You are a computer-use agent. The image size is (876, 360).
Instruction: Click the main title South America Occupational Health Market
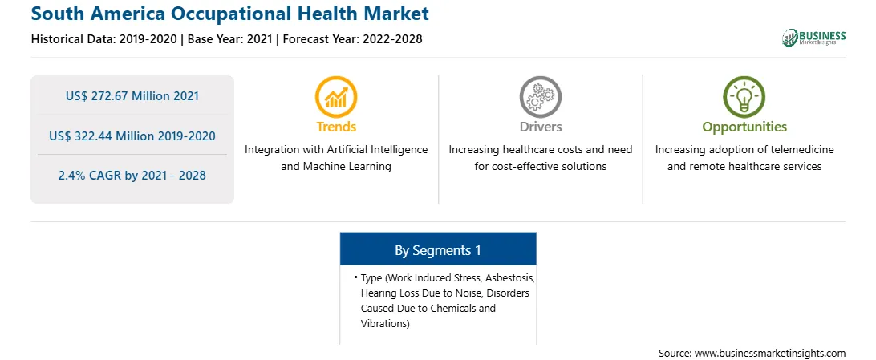click(230, 14)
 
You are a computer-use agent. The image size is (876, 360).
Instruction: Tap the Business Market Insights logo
click(814, 38)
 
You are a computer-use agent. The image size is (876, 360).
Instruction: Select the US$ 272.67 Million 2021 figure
click(132, 96)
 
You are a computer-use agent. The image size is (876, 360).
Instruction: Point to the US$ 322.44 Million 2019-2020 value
click(132, 136)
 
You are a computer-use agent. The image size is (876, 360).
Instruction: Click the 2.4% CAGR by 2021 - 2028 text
click(132, 176)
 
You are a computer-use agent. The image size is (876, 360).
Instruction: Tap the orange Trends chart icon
click(336, 96)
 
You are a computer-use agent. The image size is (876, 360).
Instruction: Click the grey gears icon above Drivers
click(540, 96)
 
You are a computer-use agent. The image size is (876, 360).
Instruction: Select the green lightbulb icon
click(744, 96)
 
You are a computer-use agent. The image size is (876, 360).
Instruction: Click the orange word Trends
click(336, 127)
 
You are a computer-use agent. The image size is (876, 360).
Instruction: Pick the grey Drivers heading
click(540, 127)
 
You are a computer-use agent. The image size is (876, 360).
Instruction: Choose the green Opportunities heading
click(744, 127)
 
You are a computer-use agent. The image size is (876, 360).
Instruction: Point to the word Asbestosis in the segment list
click(510, 277)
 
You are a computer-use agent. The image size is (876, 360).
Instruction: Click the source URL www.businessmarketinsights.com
click(770, 354)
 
